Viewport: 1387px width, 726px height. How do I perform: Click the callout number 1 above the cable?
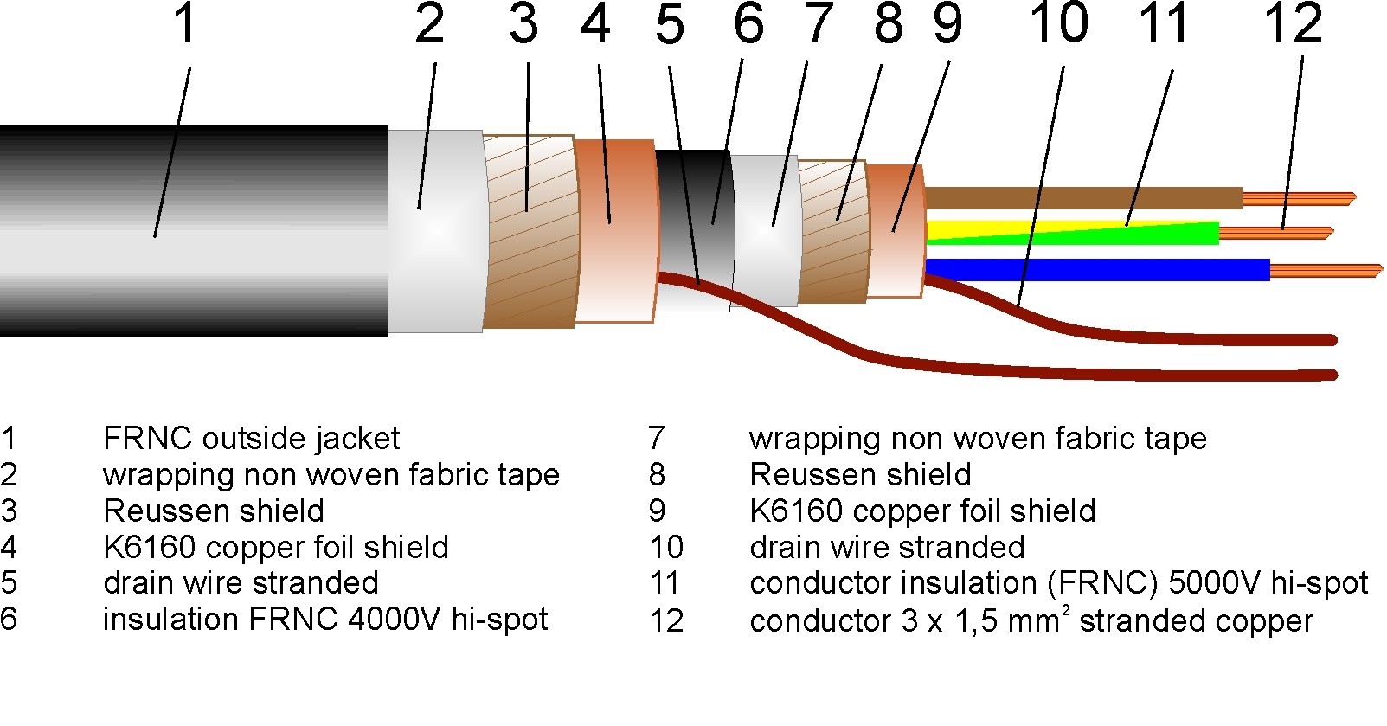[x=185, y=23]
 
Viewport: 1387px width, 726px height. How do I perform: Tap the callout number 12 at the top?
[x=1293, y=23]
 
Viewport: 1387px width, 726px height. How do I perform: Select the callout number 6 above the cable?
[x=748, y=23]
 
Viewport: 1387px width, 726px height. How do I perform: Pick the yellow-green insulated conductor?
[x=1073, y=233]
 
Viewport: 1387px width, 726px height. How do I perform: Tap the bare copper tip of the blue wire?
[x=1324, y=271]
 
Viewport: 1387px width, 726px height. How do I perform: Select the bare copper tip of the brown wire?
[x=1298, y=198]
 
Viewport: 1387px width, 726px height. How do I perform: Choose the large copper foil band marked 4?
[x=615, y=231]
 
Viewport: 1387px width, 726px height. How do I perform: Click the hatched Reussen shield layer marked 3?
[x=529, y=231]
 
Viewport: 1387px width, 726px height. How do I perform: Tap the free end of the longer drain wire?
[x=1331, y=375]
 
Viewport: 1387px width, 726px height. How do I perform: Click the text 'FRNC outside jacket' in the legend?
[x=251, y=439]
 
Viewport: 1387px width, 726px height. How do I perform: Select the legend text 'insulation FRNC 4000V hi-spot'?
[x=324, y=620]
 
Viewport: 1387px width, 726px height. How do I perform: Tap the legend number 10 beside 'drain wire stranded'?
[x=666, y=548]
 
